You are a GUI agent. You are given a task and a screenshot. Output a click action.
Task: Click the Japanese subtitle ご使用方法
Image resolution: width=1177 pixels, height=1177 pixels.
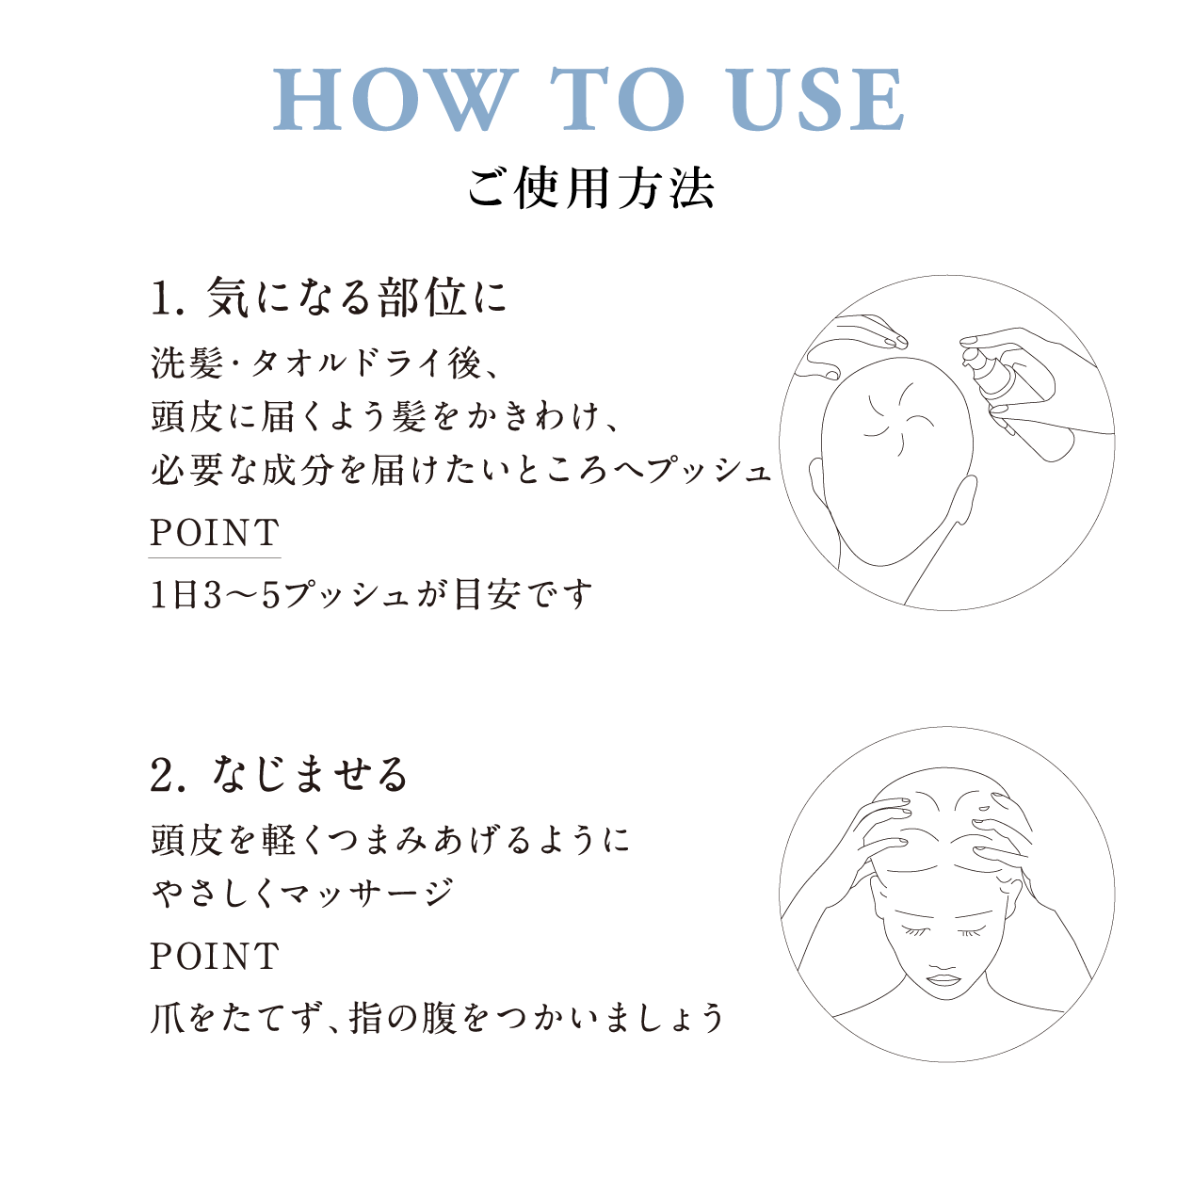click(x=590, y=187)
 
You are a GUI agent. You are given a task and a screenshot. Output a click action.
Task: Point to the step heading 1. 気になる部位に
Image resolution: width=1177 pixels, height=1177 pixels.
click(x=329, y=298)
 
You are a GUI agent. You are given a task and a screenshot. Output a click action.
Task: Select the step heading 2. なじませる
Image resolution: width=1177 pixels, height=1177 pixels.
click(x=280, y=775)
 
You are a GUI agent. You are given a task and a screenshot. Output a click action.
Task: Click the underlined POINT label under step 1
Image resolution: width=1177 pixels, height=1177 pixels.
click(x=215, y=534)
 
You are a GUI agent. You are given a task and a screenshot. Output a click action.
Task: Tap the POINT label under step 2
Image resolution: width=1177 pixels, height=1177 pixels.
click(x=215, y=957)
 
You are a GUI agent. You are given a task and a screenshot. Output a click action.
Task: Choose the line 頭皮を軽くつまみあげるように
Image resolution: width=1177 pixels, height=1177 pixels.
click(x=390, y=839)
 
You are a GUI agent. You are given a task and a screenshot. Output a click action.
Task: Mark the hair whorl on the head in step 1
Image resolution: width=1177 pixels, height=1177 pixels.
click(x=891, y=414)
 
